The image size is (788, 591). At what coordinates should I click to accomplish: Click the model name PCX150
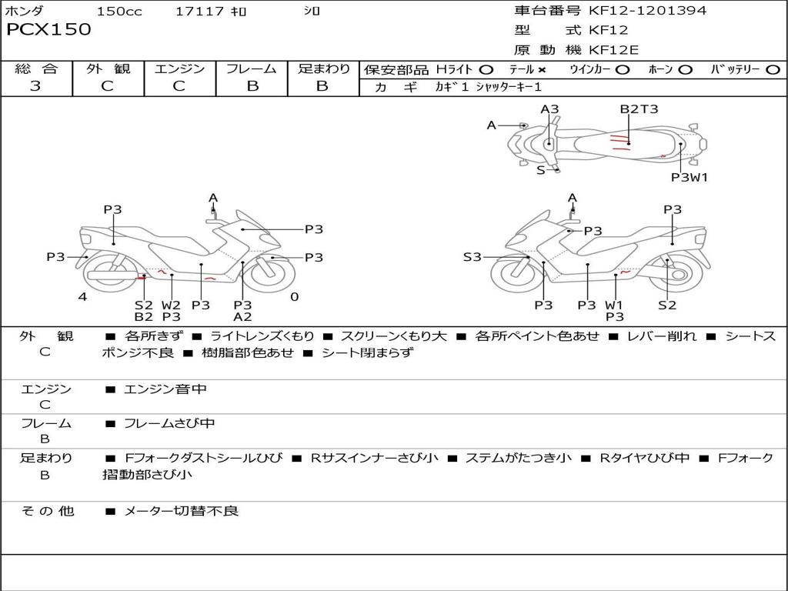pos(48,29)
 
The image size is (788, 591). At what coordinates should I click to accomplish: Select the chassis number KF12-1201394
pos(647,10)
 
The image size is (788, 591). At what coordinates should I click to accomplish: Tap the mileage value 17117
pos(199,11)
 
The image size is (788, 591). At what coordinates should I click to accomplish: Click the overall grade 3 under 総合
pos(35,86)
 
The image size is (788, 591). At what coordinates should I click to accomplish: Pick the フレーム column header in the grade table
pos(252,68)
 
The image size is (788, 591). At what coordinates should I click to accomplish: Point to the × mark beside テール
pos(541,70)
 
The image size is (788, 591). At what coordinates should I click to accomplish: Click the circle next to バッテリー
pos(773,70)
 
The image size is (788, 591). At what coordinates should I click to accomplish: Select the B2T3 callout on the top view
pos(639,109)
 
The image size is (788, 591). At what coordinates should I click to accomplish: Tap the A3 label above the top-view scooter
pos(549,109)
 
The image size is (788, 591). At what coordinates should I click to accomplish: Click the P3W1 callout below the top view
pos(689,178)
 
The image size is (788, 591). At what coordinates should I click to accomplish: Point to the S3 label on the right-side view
pos(472,257)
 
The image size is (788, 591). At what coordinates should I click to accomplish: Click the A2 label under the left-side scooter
pos(242,317)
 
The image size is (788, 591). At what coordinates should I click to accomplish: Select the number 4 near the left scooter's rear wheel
pos(82,296)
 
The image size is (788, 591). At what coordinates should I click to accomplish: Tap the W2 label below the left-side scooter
pos(171,305)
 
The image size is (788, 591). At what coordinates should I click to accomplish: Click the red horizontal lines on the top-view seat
pos(619,142)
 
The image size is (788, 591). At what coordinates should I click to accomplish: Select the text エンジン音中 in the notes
pos(165,389)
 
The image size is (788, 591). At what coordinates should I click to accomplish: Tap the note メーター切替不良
pos(181,511)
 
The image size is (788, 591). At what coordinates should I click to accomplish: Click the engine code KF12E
pos(613,50)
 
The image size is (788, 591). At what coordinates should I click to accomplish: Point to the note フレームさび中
pos(169,424)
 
